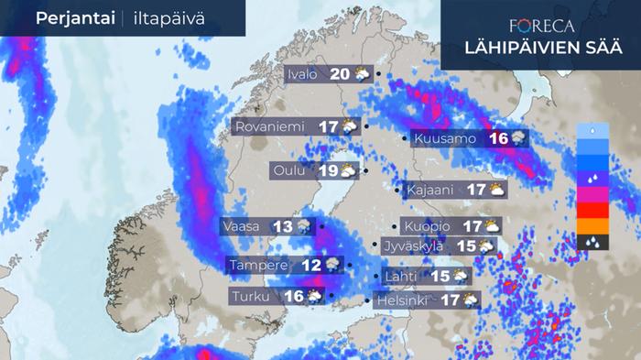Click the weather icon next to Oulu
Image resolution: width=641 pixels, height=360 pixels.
(x=349, y=170)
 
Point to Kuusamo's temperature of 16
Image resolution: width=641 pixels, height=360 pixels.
(x=498, y=139)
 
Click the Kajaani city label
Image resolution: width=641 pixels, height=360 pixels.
(x=427, y=191)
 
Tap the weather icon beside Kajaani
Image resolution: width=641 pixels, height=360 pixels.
(x=495, y=191)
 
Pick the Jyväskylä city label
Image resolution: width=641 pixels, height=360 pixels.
(x=414, y=245)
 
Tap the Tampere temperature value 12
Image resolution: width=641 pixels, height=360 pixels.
(x=312, y=265)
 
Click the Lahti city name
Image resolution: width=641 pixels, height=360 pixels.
(x=403, y=276)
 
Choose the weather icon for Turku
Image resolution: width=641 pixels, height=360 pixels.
(x=314, y=296)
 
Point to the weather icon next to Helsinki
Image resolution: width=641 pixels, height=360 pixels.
(x=470, y=300)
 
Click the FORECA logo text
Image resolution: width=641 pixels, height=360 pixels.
(x=541, y=27)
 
